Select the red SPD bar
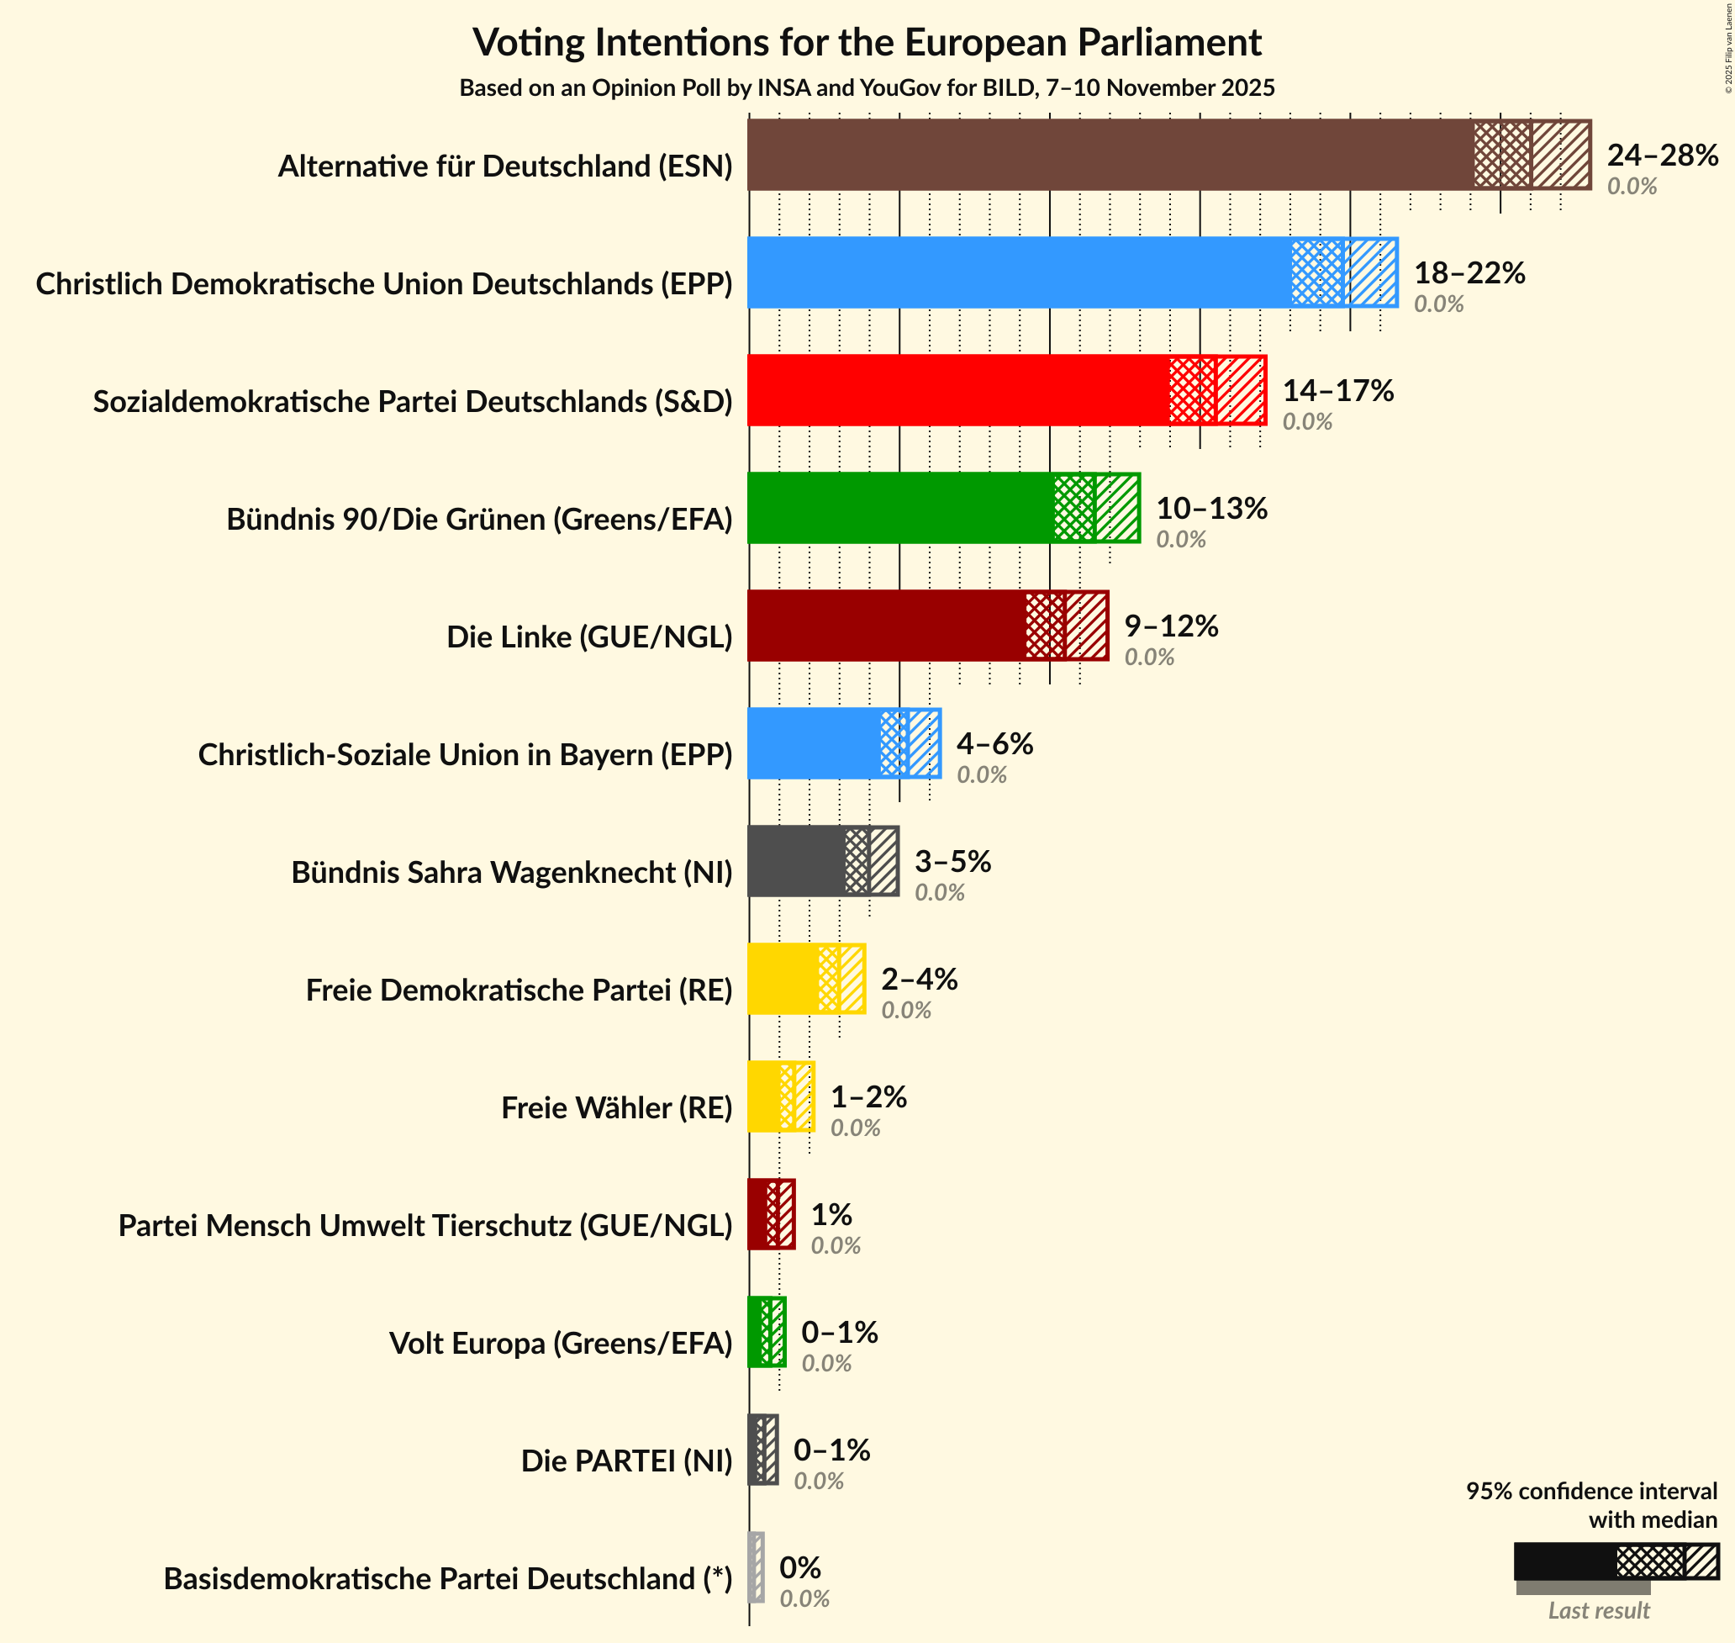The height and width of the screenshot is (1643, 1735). click(958, 391)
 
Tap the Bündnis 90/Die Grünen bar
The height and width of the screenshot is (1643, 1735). click(902, 508)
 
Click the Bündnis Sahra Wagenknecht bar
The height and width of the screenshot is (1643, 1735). click(797, 862)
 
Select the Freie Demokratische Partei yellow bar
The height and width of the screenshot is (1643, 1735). click(783, 979)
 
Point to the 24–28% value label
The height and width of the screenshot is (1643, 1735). click(1662, 155)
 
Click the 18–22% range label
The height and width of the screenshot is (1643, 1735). click(1469, 273)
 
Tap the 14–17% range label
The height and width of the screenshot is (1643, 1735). click(1337, 391)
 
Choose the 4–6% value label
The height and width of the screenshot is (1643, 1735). click(994, 743)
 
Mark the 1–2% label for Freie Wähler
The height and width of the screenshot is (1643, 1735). click(868, 1096)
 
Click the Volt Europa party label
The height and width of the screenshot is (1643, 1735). click(560, 1343)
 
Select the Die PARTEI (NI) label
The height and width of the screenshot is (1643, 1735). click(627, 1461)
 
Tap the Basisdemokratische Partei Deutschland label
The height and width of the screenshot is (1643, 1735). click(447, 1578)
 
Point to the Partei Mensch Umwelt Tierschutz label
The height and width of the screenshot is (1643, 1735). click(425, 1225)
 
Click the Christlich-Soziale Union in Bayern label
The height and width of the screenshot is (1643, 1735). click(465, 754)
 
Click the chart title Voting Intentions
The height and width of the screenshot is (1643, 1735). click(867, 42)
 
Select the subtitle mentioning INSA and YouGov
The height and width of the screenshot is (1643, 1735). click(867, 87)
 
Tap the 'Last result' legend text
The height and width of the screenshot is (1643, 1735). click(1599, 1609)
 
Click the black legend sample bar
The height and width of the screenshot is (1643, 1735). click(1565, 1561)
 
